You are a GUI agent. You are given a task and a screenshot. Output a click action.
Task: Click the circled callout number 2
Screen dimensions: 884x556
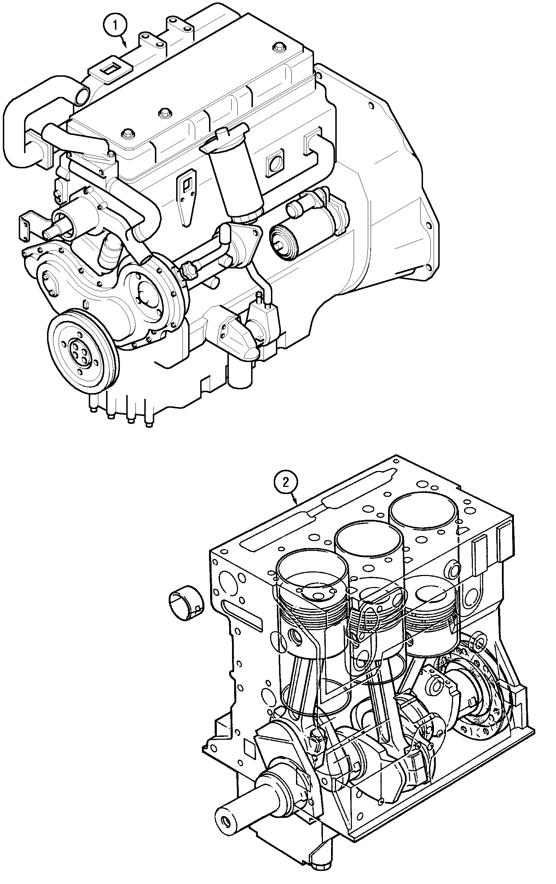click(x=285, y=482)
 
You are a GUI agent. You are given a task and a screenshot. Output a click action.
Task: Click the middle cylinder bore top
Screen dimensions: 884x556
click(x=367, y=540)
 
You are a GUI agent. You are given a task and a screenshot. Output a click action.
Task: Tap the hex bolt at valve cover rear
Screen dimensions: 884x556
click(x=278, y=47)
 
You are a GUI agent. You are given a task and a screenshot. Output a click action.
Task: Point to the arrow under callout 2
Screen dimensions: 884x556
click(x=295, y=500)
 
